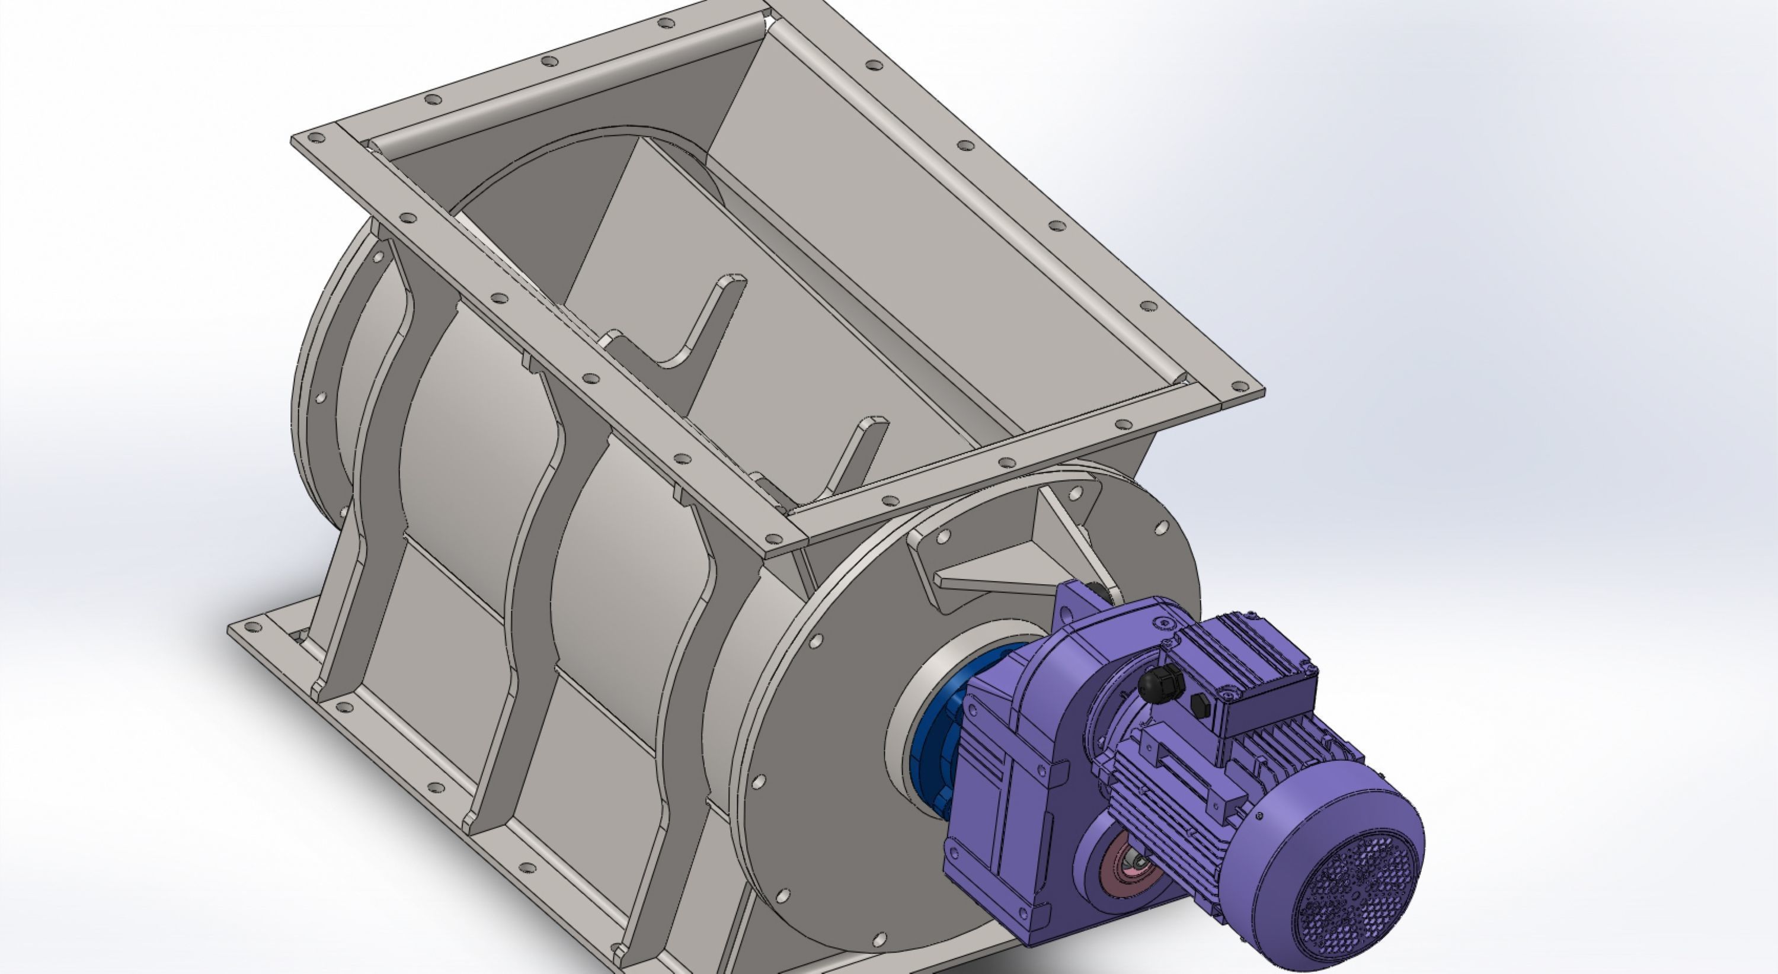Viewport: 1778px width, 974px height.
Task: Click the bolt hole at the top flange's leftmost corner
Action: [x=318, y=138]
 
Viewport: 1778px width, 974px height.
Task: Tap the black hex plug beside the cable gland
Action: [x=1200, y=704]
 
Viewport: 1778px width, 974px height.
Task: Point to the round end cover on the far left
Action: [x=318, y=386]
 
